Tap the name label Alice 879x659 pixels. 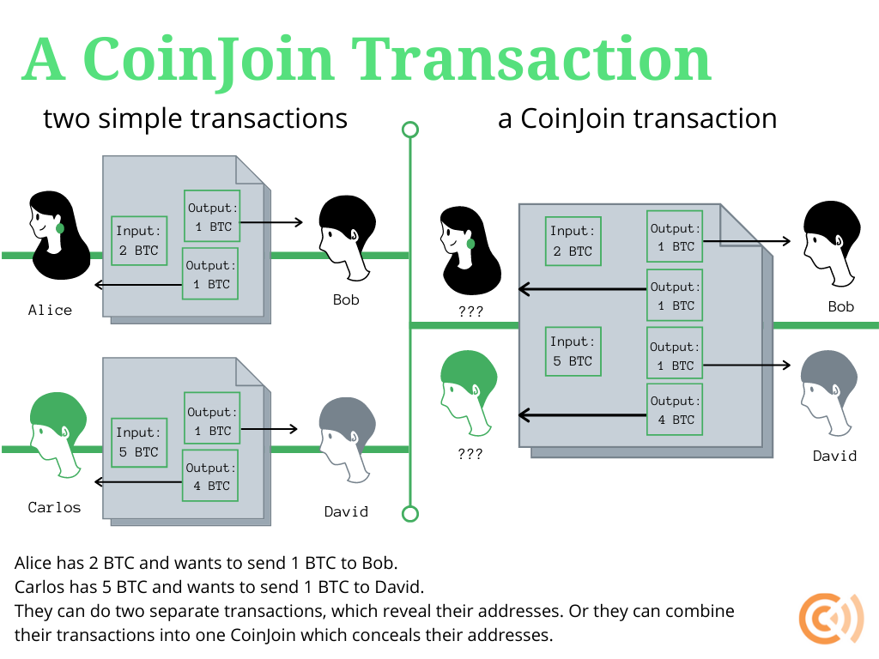click(50, 310)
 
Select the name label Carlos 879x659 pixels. click(54, 507)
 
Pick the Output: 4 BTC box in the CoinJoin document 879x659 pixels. click(674, 410)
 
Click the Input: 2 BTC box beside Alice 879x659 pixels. click(139, 241)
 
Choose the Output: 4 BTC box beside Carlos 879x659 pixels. click(209, 477)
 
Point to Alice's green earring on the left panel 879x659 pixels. click(60, 228)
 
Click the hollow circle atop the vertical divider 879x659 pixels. click(410, 130)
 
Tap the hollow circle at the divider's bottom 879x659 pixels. click(410, 514)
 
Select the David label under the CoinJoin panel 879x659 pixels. click(834, 456)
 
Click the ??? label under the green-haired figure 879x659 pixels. click(470, 454)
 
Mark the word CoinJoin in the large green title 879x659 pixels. click(207, 60)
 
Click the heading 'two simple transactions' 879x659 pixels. click(195, 118)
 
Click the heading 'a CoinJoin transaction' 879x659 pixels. click(637, 118)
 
